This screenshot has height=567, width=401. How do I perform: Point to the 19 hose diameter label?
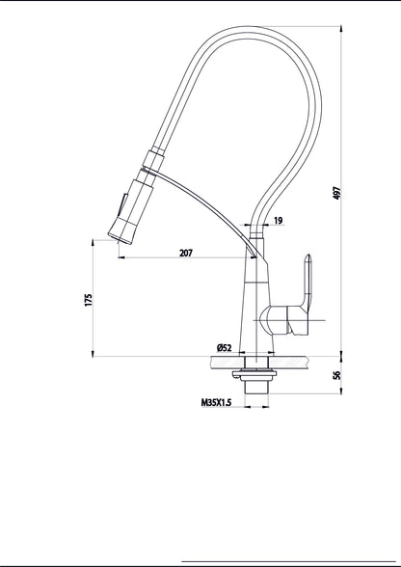click(x=277, y=222)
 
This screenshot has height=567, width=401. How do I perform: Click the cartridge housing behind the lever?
click(x=280, y=321)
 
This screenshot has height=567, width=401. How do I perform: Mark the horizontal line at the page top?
click(x=200, y=2)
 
